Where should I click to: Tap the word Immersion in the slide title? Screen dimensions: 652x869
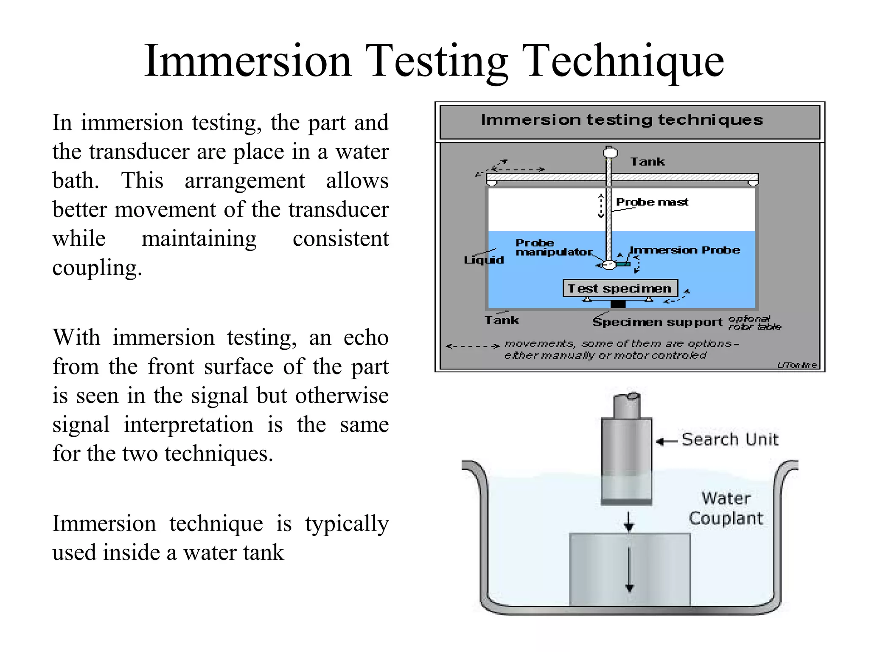(x=248, y=62)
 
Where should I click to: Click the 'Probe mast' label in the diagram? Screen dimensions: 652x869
(x=652, y=202)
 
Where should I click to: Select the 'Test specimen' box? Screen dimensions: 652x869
(x=620, y=289)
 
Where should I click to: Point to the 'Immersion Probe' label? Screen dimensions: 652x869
(x=684, y=250)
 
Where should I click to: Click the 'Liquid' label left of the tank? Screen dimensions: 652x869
(x=484, y=260)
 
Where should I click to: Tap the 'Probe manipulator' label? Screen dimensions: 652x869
(x=553, y=247)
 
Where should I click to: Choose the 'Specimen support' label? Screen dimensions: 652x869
(x=657, y=322)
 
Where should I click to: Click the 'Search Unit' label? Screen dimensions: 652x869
(x=730, y=439)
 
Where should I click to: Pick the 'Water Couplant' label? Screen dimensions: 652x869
(x=726, y=508)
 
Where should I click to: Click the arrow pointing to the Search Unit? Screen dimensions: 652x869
(x=666, y=441)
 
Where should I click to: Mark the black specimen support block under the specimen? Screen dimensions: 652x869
(x=618, y=304)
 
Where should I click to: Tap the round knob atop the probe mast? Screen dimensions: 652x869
(x=610, y=152)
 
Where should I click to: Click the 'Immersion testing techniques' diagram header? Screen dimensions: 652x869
(x=622, y=120)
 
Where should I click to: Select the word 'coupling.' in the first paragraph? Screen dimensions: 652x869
(x=97, y=268)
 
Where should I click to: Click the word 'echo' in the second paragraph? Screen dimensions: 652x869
(x=366, y=338)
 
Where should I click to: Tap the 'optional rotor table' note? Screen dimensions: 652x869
(x=754, y=323)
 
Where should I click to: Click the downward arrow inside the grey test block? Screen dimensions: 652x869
(x=629, y=569)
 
